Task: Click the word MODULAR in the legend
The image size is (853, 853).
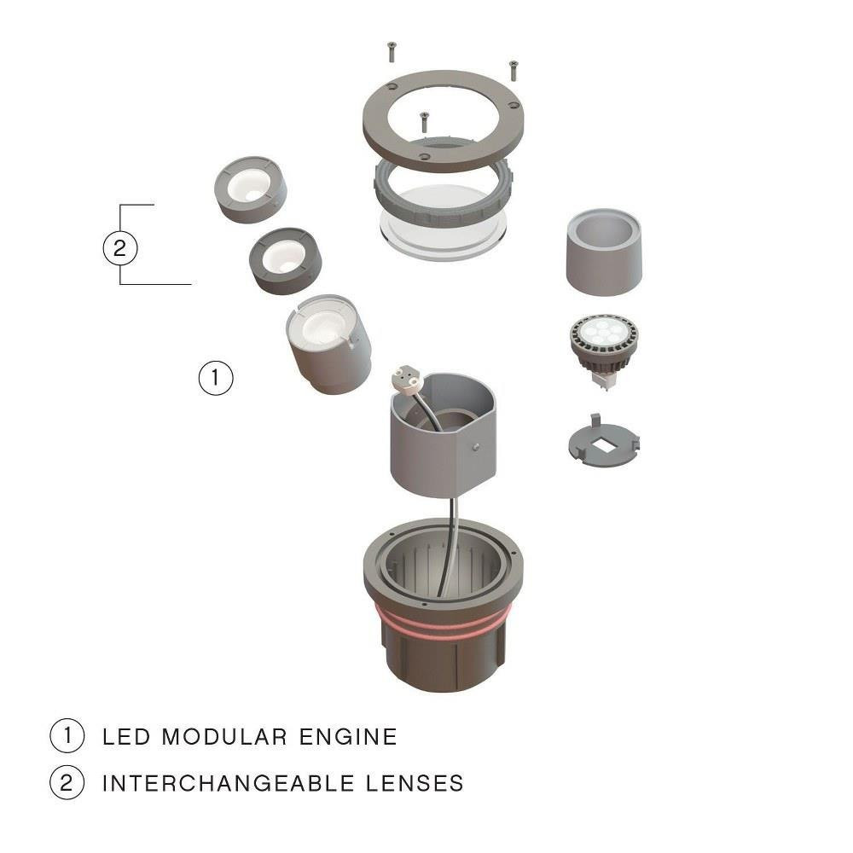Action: pos(224,737)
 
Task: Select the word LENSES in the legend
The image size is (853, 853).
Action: pos(414,783)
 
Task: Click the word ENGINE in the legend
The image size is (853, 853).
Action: pos(348,737)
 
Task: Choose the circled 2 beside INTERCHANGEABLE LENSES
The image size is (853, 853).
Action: pos(67,782)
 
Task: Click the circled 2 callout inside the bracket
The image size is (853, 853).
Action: pos(120,248)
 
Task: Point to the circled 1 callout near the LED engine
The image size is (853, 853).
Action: pos(216,378)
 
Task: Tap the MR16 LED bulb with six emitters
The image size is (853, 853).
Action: pos(604,349)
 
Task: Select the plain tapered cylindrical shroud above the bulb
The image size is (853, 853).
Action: pos(604,252)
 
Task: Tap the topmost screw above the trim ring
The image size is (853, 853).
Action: pos(392,52)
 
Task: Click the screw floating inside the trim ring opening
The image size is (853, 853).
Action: pos(424,121)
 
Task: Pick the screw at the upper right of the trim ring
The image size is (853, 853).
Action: pos(513,71)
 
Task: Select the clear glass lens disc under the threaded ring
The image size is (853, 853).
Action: pos(444,240)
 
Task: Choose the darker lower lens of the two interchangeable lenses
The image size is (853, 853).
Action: pos(285,260)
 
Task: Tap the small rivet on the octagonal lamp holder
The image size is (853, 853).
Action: pos(477,447)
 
